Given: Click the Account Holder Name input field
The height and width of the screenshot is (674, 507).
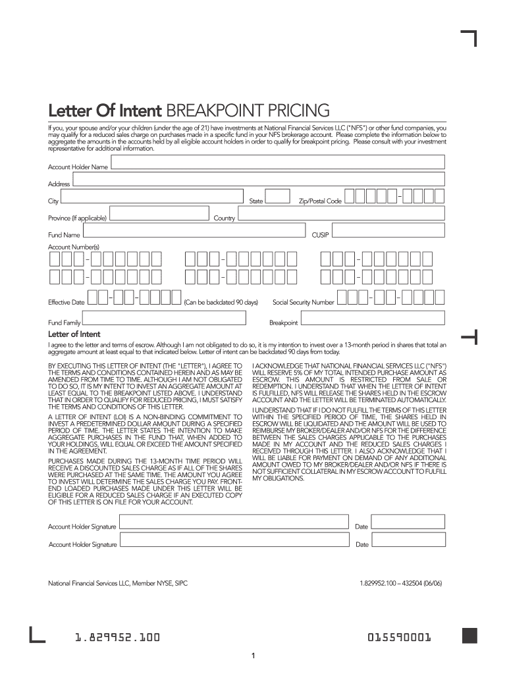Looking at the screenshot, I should pos(278,163).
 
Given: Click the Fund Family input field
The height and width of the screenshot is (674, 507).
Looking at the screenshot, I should pos(165,319).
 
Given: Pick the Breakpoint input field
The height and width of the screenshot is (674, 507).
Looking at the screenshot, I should pos(373,319).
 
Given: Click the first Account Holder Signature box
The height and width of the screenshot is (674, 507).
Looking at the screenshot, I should pos(234,523).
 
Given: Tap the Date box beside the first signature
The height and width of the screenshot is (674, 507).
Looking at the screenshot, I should pos(408,523).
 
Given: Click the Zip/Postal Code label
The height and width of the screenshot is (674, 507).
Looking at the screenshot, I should pos(320,201).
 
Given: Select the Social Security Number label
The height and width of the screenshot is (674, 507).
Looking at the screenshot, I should pos(304,302).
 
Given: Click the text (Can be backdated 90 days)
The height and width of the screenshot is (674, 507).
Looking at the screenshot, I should pos(221,302).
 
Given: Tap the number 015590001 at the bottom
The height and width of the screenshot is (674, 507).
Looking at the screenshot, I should pos(400,637).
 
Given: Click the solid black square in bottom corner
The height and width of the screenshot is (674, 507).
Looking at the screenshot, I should pos(469,635).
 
